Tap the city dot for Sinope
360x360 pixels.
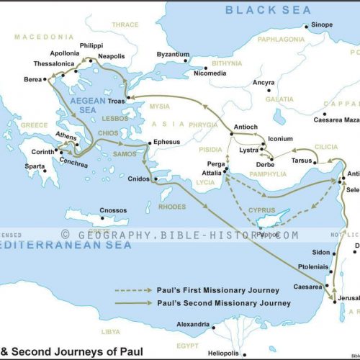[x=306, y=27]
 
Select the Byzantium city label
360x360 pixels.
[x=174, y=54]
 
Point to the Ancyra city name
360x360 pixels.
[x=263, y=82]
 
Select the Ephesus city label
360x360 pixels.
[x=167, y=142]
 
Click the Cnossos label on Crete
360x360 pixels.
[x=113, y=210]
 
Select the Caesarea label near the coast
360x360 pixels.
[x=307, y=286]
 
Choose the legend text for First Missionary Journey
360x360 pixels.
[x=218, y=290]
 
